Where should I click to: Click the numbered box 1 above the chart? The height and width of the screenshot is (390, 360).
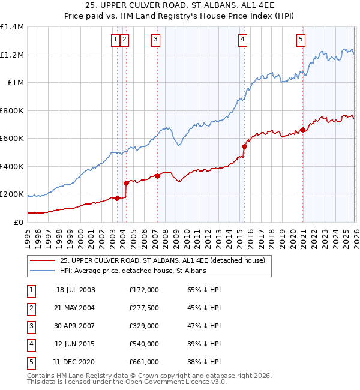tap(115, 40)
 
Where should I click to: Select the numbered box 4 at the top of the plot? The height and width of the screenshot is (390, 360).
tap(242, 40)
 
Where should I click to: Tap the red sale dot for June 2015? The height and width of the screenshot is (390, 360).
tap(244, 146)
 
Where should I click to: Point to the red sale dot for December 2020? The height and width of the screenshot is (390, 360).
tap(303, 130)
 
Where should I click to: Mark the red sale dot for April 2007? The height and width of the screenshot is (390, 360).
tap(157, 176)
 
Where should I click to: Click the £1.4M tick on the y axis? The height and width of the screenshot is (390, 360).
tap(12, 27)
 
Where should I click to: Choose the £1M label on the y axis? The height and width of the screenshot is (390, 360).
tap(15, 83)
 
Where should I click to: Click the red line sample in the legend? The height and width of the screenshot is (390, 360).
tap(43, 260)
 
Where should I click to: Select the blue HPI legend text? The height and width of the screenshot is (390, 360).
tap(133, 271)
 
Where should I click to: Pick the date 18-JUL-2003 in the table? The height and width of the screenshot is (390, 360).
tap(76, 290)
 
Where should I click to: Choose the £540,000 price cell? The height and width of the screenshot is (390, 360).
tap(143, 344)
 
